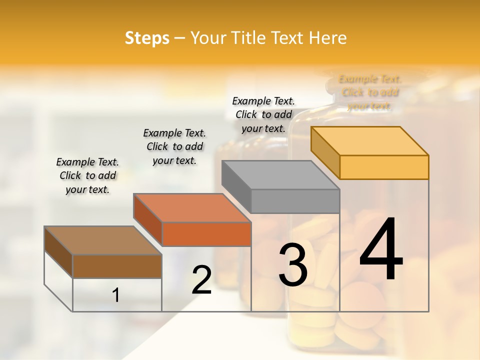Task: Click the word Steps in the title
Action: [x=147, y=38]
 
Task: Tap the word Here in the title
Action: [x=328, y=38]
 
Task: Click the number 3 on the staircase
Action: [x=292, y=264]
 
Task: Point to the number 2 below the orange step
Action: [x=201, y=279]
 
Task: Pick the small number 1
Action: [x=115, y=295]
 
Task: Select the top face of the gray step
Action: [x=280, y=175]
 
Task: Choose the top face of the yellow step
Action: [x=370, y=141]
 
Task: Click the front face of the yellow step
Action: [x=384, y=167]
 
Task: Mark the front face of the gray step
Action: [x=295, y=201]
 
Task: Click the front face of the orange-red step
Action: [x=206, y=234]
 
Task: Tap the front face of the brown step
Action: [x=117, y=266]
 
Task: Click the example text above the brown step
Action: [x=87, y=175]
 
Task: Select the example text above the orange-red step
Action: [x=174, y=146]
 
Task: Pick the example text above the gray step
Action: [x=263, y=114]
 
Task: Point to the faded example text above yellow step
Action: [x=370, y=92]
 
